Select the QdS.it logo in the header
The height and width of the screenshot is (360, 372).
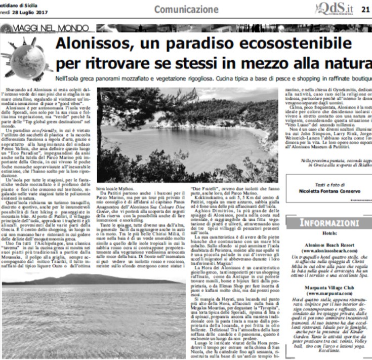pyautogui.click(x=335, y=8)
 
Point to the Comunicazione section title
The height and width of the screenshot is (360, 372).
pyautogui.click(x=186, y=9)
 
